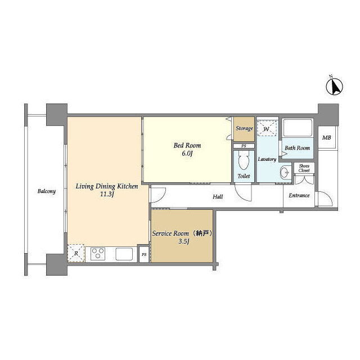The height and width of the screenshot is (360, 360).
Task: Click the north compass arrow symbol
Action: coord(334,86)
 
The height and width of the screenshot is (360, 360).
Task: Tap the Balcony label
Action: coord(47,191)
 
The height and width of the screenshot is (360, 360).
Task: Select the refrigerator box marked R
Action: coord(76,254)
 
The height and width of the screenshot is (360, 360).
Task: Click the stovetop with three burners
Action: coord(98,254)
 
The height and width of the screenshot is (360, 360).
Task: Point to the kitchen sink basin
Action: coord(124,254)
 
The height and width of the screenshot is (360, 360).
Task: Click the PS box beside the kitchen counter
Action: coord(144,254)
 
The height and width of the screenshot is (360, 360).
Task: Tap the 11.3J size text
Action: coord(107,195)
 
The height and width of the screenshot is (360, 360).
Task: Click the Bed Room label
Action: coord(187,145)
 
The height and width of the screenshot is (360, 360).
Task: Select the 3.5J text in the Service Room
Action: coord(184,241)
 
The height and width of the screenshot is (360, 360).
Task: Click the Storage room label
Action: coord(244,128)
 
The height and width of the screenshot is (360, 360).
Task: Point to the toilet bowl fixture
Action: coord(244,160)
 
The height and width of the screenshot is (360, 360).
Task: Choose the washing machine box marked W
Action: coord(267,129)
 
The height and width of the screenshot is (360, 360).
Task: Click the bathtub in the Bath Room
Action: coord(298,128)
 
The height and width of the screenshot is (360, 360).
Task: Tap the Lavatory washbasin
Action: coord(285,172)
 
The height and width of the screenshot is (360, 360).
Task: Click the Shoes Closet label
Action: coord(304,168)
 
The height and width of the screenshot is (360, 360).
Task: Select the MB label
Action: coord(326,137)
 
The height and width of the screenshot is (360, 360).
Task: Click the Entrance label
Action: coord(299,195)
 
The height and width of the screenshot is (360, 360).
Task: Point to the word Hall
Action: coord(218,196)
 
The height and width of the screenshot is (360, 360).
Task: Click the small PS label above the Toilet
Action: coord(244,146)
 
